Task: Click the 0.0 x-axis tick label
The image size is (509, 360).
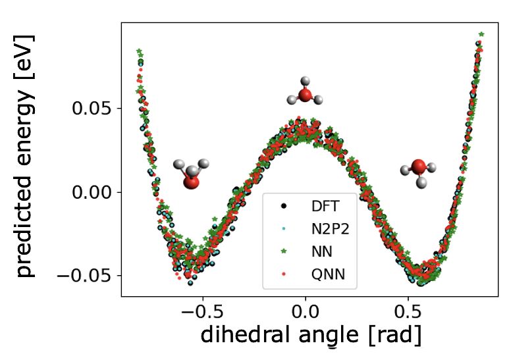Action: [x=305, y=311]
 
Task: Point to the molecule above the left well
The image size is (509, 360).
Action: [x=192, y=173]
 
